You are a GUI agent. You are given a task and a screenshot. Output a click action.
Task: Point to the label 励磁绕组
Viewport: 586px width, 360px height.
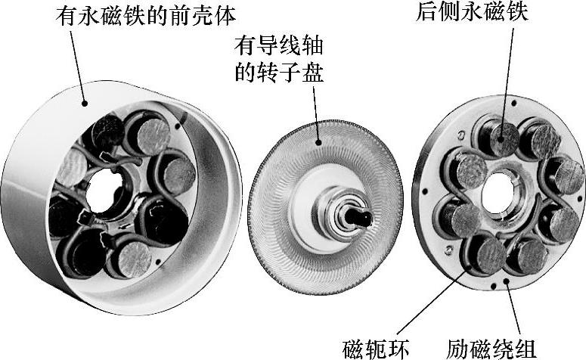click(491, 347)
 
